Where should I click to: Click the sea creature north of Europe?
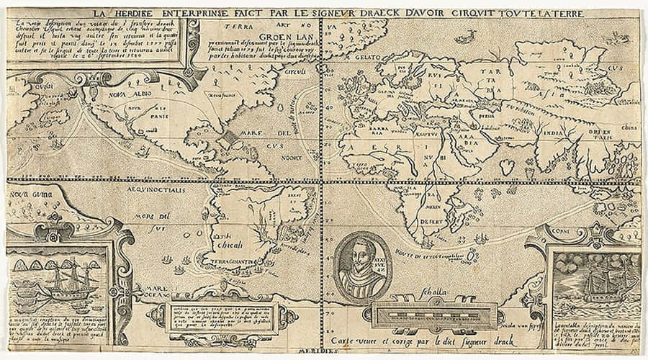[468, 34]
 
